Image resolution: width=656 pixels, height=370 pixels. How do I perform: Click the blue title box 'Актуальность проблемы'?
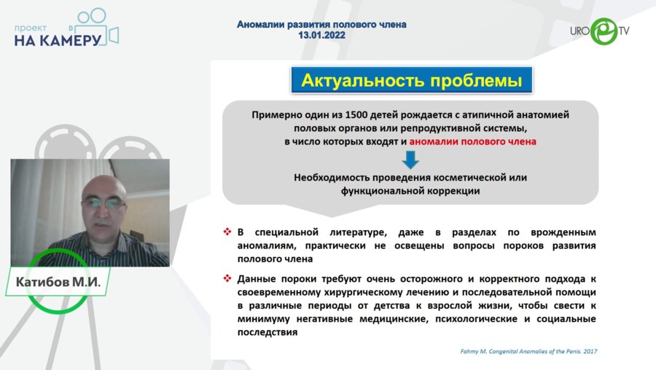[x=411, y=80]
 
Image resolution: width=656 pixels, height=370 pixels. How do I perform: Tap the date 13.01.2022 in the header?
[x=321, y=35]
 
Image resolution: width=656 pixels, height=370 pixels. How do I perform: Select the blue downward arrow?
[x=410, y=160]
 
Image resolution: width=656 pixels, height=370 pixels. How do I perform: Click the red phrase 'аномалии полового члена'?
[x=472, y=141]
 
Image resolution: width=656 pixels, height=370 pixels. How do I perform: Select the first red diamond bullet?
[x=227, y=232]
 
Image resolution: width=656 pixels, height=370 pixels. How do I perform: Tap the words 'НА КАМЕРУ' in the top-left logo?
[x=57, y=41]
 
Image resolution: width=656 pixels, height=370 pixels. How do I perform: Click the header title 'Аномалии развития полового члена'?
[x=321, y=24]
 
